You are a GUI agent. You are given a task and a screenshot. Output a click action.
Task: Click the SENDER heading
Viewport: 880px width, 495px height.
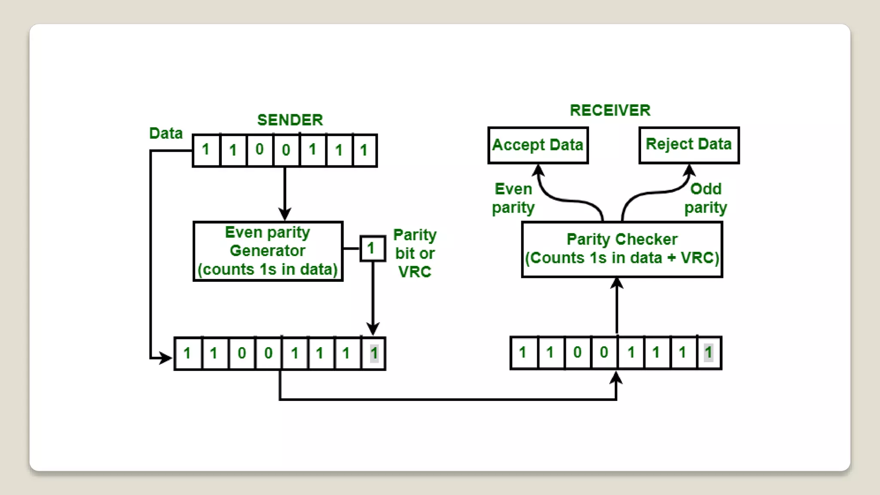(290, 120)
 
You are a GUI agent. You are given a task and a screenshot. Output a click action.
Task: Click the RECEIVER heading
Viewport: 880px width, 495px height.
(610, 110)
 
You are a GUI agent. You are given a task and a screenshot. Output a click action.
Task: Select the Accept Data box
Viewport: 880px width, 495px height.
(538, 145)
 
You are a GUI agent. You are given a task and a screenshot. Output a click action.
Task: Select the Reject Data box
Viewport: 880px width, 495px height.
(689, 145)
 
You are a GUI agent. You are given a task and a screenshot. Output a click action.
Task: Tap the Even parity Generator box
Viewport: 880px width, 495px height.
(268, 251)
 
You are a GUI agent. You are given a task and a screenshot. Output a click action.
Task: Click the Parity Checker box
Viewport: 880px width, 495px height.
(622, 249)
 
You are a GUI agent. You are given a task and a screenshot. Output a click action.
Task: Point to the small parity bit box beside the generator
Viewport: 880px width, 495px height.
(372, 248)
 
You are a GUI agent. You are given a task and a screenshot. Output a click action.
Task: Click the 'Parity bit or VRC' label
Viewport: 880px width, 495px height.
(415, 253)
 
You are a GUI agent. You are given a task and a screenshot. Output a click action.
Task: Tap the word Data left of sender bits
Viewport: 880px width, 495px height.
(166, 133)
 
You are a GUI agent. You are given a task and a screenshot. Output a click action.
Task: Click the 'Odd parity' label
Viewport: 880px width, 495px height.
(706, 198)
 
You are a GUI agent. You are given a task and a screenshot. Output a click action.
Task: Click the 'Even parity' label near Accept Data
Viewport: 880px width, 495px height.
(513, 198)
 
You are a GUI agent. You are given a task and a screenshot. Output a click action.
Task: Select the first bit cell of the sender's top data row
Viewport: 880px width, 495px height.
(206, 150)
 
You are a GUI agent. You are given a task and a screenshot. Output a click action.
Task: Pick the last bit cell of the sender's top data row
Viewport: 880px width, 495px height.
(364, 150)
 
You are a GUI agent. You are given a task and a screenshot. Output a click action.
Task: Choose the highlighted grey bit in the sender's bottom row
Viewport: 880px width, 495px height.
(374, 353)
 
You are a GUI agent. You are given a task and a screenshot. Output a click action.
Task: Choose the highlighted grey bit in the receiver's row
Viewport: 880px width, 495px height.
(708, 353)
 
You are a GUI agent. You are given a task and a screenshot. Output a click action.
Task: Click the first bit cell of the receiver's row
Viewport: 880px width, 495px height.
(523, 353)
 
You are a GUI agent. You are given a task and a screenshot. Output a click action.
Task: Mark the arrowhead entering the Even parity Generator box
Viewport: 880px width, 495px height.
(284, 214)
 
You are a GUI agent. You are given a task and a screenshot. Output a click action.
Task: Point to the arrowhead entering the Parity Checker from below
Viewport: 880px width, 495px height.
(617, 283)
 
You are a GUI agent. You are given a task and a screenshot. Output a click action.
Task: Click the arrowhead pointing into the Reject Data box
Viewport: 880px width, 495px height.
(689, 170)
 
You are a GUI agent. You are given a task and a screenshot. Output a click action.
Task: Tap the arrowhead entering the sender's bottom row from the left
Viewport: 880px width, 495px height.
(165, 357)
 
